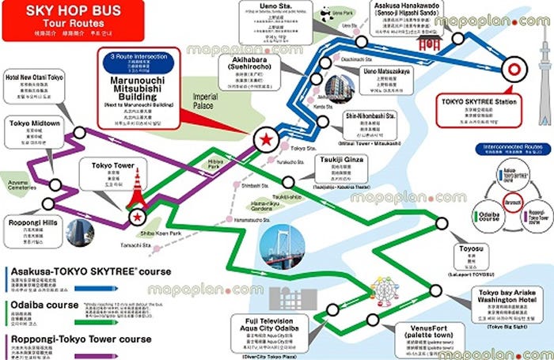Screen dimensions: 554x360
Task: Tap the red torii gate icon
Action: pos(428,45)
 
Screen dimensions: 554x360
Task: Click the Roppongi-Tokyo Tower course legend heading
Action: pos(80,339)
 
